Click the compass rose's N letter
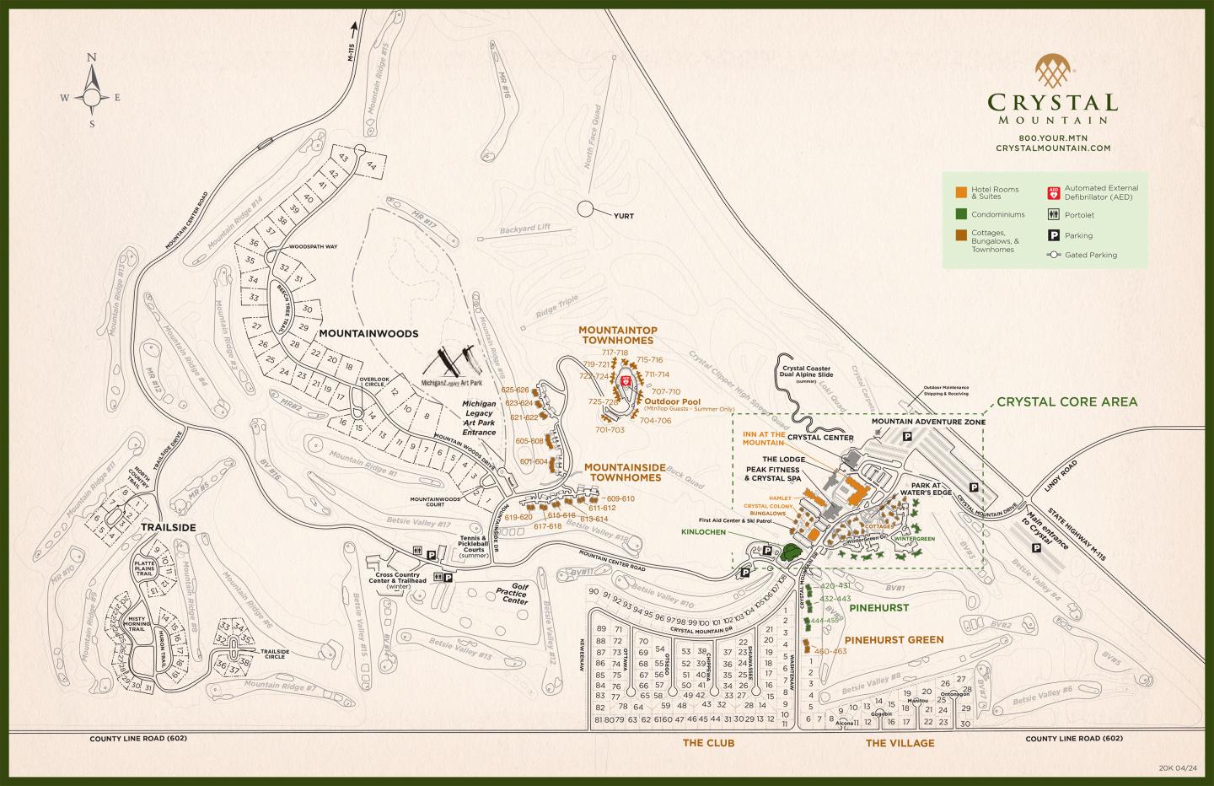[x=93, y=57]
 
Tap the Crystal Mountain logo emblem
[x=1053, y=73]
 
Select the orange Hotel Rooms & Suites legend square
[x=960, y=190]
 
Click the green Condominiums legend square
[x=960, y=214]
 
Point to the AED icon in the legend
[x=1053, y=192]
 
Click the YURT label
[x=624, y=216]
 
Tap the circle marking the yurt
[x=586, y=208]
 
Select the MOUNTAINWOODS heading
[x=368, y=334]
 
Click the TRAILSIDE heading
[x=169, y=527]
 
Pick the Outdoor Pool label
[x=673, y=401]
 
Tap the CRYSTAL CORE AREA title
[x=1066, y=401]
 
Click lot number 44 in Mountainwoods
[x=370, y=165]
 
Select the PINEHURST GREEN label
[x=894, y=639]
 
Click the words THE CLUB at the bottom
[x=708, y=743]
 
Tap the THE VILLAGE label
[x=900, y=743]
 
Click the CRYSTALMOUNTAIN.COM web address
[x=1053, y=148]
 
